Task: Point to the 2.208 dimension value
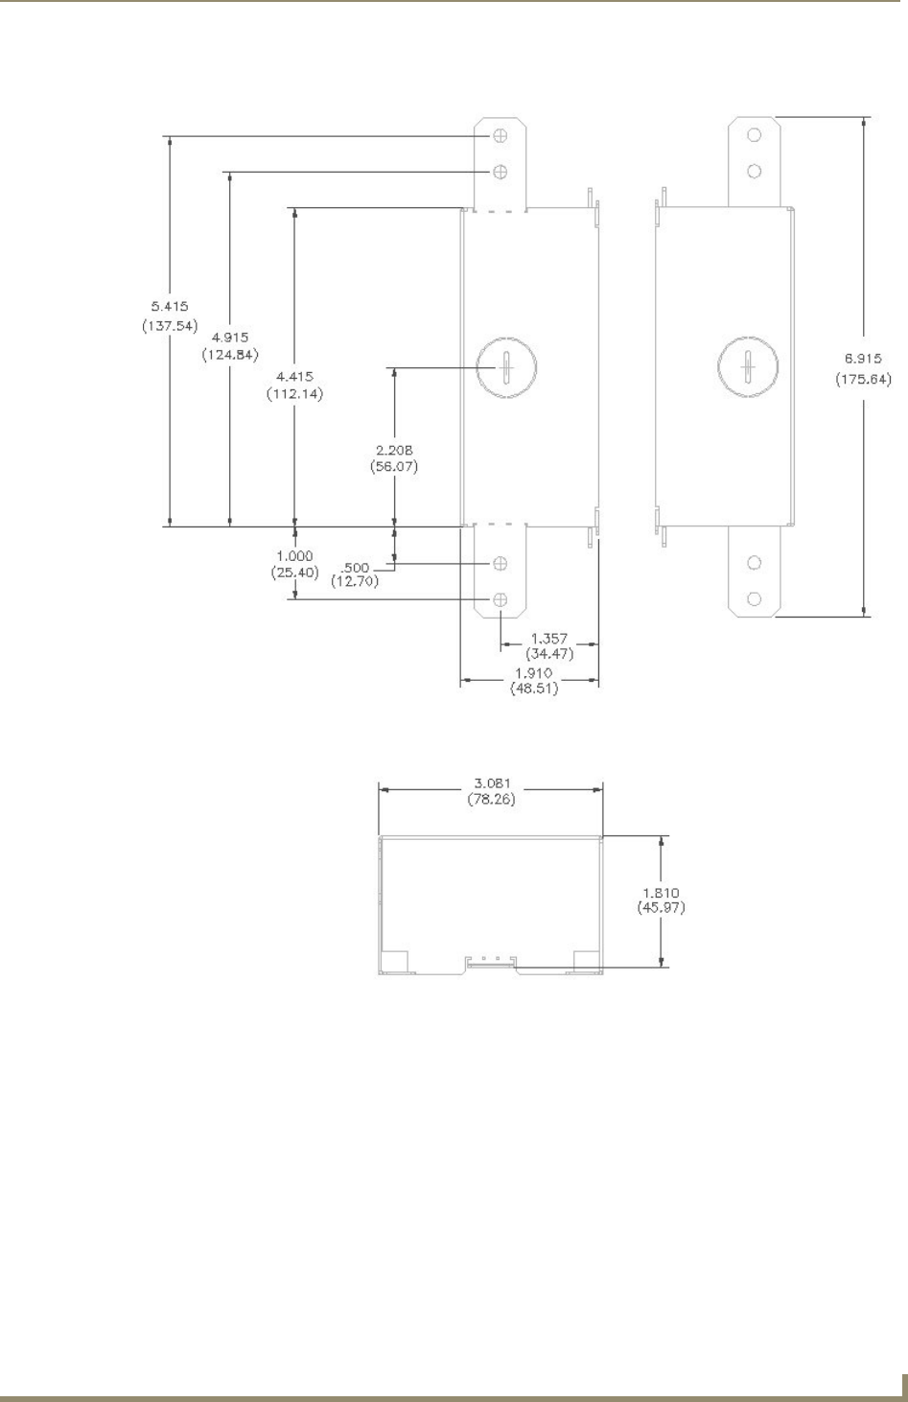pyautogui.click(x=394, y=450)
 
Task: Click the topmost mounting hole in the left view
pyautogui.click(x=500, y=137)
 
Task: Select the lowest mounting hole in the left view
pyautogui.click(x=500, y=599)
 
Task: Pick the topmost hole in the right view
pyautogui.click(x=755, y=135)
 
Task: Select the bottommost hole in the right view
pyautogui.click(x=755, y=598)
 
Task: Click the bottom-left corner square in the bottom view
pyautogui.click(x=395, y=961)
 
